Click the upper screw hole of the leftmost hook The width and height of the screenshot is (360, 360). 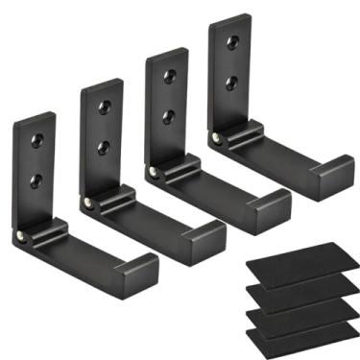point(37,140)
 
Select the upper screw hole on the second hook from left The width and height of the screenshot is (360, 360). point(104,108)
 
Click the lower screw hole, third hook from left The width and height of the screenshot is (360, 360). point(168,116)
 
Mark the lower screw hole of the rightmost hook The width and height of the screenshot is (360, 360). point(231,83)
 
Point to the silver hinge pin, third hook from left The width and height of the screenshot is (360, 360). point(154,174)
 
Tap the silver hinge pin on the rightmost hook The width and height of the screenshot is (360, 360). point(217,140)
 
